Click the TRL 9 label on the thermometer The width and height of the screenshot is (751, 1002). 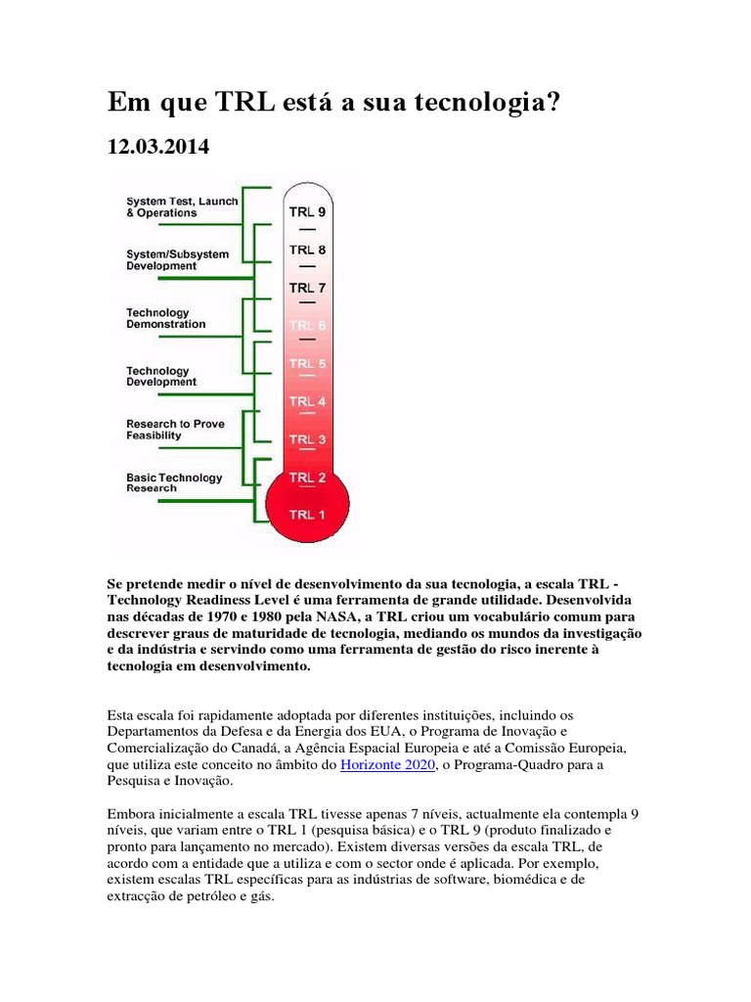pyautogui.click(x=307, y=210)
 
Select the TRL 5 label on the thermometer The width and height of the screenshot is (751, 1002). pyautogui.click(x=307, y=364)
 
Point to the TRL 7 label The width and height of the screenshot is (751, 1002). pyautogui.click(x=307, y=288)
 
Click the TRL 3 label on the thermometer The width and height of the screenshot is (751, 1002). pyautogui.click(x=307, y=439)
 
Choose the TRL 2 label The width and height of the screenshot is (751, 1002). pyautogui.click(x=307, y=478)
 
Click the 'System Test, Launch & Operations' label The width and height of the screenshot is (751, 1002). pyautogui.click(x=181, y=207)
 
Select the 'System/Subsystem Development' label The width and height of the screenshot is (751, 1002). pyautogui.click(x=177, y=259)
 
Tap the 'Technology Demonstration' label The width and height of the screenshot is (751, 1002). pyautogui.click(x=165, y=318)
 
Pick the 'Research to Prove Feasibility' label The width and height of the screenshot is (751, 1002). pyautogui.click(x=175, y=430)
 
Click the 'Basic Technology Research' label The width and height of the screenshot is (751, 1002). pyautogui.click(x=173, y=482)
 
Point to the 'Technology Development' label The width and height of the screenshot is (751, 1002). pyautogui.click(x=160, y=377)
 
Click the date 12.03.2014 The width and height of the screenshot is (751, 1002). pyautogui.click(x=157, y=147)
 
